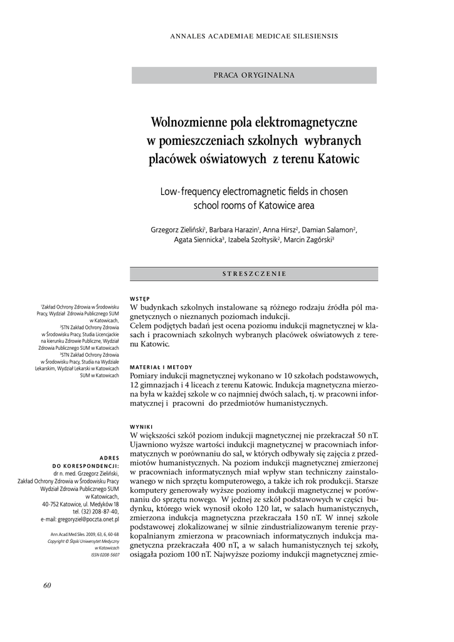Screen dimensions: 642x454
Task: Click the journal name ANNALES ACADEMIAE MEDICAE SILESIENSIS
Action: tap(254, 36)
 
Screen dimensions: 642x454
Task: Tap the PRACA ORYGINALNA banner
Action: tap(254, 75)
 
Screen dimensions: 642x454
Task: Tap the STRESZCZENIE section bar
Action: tap(254, 274)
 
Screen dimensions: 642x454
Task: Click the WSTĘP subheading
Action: tap(139, 298)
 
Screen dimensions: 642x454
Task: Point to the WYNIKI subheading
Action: tap(141, 426)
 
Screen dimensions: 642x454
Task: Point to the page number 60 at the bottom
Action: tap(47, 586)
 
